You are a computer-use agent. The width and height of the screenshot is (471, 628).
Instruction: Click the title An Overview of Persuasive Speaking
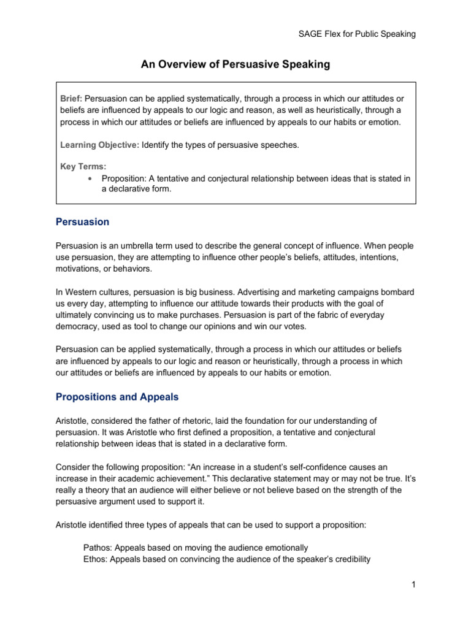(235, 65)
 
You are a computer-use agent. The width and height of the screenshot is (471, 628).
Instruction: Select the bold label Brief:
(71, 99)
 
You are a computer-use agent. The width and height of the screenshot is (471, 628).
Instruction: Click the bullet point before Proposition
(90, 178)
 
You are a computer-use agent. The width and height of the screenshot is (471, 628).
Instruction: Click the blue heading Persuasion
(82, 221)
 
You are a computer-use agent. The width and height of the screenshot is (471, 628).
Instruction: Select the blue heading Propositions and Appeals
(117, 397)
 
